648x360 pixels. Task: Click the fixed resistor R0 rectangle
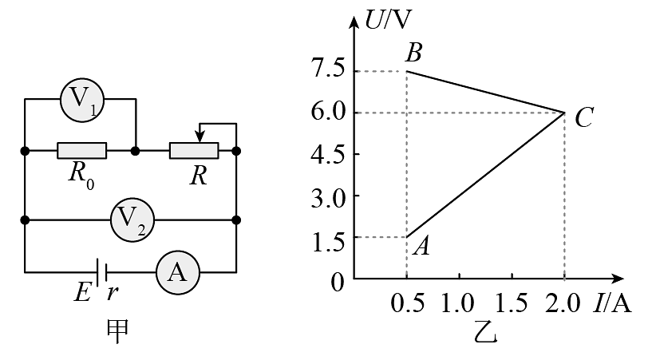(82, 151)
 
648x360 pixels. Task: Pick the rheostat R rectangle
(194, 151)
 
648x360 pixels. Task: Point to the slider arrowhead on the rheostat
(200, 137)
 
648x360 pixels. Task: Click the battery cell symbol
(101, 272)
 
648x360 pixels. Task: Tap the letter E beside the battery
(83, 293)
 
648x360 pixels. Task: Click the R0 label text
(81, 176)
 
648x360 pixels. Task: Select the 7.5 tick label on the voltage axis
(328, 69)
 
